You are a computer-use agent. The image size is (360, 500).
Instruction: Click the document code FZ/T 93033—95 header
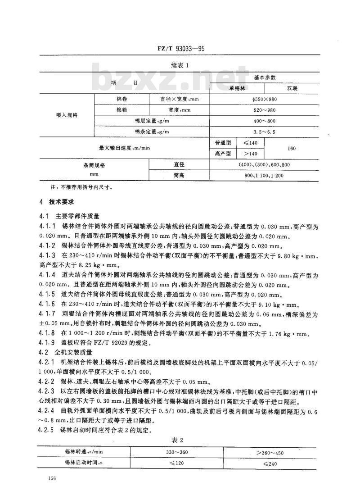pos(180,48)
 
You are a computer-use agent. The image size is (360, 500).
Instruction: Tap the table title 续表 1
pos(180,64)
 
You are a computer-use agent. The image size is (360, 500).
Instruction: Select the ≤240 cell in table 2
pos(270,463)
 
